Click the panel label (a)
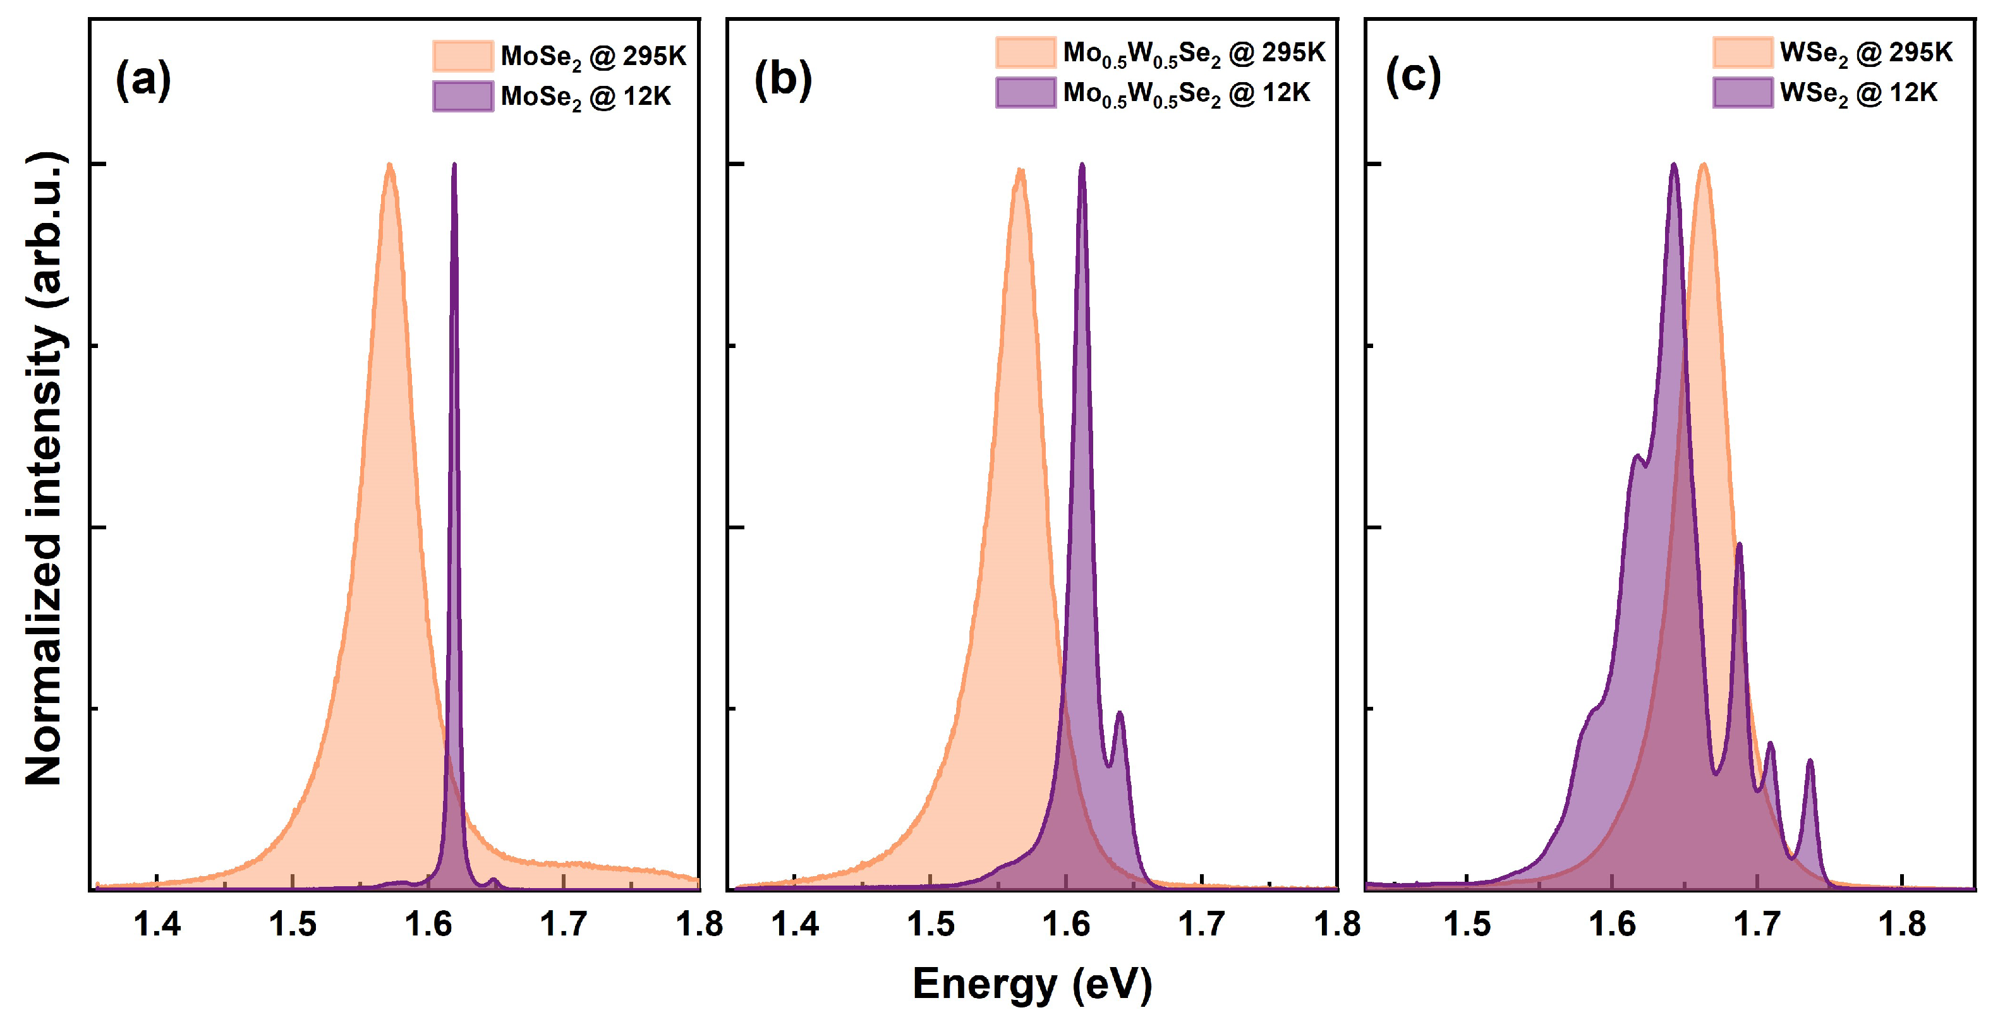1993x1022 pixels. tap(143, 79)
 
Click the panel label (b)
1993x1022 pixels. tap(783, 79)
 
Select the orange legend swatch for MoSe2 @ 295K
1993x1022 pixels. tap(463, 56)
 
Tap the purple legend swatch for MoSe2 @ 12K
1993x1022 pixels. tap(463, 96)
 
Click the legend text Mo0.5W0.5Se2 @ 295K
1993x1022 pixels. tap(1194, 52)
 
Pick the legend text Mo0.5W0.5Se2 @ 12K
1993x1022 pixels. tap(1186, 93)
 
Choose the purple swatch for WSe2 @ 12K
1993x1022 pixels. tap(1742, 93)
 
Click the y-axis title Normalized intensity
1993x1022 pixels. tap(44, 468)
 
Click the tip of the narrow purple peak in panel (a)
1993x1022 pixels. tap(454, 165)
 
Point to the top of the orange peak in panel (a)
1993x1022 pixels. tap(390, 165)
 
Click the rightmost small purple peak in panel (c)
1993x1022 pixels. tap(1810, 762)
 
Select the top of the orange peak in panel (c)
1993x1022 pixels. tap(1703, 165)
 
